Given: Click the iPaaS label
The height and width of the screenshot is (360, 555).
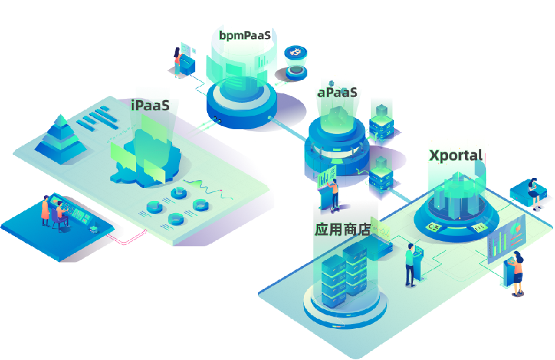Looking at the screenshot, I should coord(150,106).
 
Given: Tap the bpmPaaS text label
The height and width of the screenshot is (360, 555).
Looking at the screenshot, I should coord(245,35).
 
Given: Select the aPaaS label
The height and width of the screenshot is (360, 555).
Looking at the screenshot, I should coord(337,92).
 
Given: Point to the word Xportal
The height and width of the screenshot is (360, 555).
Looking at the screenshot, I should coord(456,155).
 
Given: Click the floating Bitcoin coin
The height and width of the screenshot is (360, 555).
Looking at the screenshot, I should coord(295,53).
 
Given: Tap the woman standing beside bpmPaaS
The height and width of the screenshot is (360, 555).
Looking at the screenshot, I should coord(179,60).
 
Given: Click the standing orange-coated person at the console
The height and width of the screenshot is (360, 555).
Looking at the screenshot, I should coord(45,210).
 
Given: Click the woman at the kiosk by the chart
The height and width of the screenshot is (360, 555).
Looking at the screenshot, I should coord(517,272).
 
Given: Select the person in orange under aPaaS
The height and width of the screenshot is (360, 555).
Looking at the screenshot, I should coord(335,194).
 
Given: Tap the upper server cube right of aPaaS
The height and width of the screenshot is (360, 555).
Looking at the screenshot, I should coord(382,120).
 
